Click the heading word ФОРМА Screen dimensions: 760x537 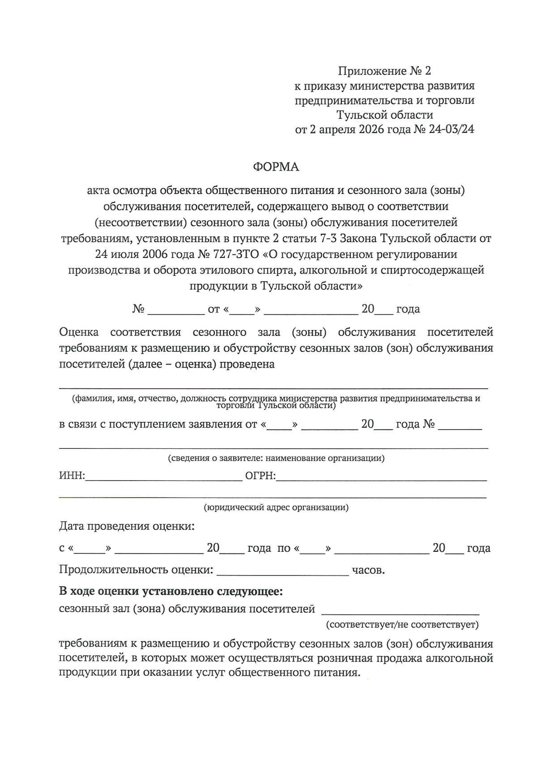click(276, 167)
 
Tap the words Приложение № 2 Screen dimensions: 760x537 click(384, 71)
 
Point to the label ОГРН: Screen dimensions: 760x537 click(260, 476)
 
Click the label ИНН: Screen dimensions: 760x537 click(72, 476)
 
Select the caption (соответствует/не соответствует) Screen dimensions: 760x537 click(402, 624)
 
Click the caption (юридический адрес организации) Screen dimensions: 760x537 click(276, 507)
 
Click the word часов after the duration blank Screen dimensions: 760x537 click(368, 571)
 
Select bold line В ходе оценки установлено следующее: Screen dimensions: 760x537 click(171, 592)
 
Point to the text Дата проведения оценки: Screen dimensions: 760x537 click(127, 526)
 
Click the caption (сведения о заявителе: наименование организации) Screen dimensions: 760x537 click(276, 458)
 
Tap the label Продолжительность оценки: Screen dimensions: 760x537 click(136, 570)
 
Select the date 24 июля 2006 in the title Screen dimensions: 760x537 click(132, 254)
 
